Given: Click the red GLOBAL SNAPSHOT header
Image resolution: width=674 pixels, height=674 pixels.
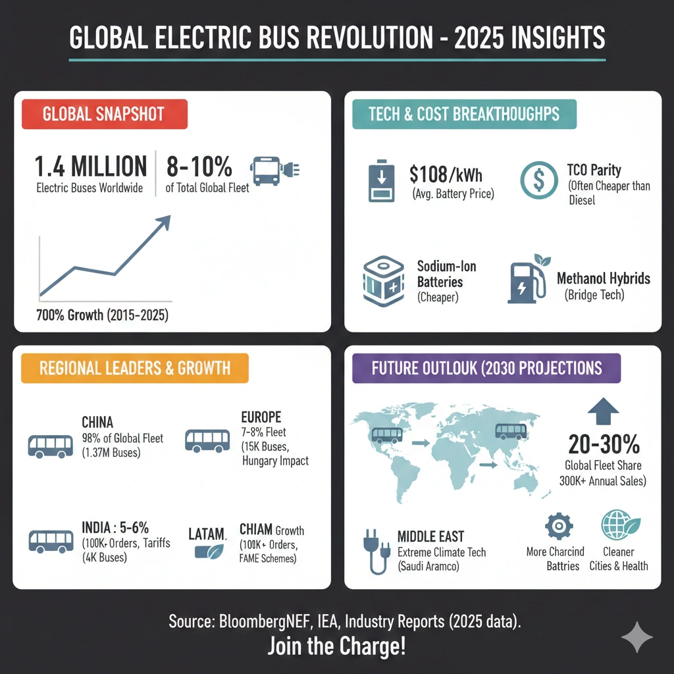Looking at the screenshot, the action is click(105, 114).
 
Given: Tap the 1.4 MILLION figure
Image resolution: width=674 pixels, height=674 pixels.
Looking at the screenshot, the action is click(91, 167).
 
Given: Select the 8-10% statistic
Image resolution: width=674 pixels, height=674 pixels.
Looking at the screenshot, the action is click(199, 167).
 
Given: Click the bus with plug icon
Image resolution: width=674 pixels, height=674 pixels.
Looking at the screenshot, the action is click(274, 170).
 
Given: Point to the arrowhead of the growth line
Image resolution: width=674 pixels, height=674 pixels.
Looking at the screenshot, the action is click(164, 222).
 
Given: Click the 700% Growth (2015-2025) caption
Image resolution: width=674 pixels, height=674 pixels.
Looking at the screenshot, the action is click(102, 315).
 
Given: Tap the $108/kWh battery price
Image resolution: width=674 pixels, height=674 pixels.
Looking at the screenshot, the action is click(446, 174).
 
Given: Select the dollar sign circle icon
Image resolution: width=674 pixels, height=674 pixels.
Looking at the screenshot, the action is click(538, 180).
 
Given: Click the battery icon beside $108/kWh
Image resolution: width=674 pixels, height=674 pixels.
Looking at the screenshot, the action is click(381, 181).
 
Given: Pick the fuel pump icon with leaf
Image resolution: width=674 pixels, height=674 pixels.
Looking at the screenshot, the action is click(529, 279).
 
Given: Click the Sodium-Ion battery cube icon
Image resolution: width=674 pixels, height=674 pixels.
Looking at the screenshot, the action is click(384, 281).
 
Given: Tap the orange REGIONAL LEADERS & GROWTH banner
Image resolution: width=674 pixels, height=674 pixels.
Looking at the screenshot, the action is click(135, 368).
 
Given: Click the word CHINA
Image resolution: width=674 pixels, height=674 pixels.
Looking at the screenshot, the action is click(97, 422).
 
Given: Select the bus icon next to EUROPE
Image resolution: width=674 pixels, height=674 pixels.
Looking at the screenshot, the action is click(207, 440).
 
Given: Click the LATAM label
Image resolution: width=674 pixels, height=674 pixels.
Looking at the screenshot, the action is click(207, 534).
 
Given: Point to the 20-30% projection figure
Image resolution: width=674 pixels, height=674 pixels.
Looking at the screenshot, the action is click(604, 444).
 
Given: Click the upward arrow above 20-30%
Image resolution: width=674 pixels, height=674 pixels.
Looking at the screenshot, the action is click(603, 411).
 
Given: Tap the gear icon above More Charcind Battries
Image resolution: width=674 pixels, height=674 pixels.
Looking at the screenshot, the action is click(558, 526).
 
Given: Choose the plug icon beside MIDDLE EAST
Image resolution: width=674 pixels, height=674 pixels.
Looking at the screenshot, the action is click(376, 551).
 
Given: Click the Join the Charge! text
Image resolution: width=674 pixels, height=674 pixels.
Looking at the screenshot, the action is click(336, 646).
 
